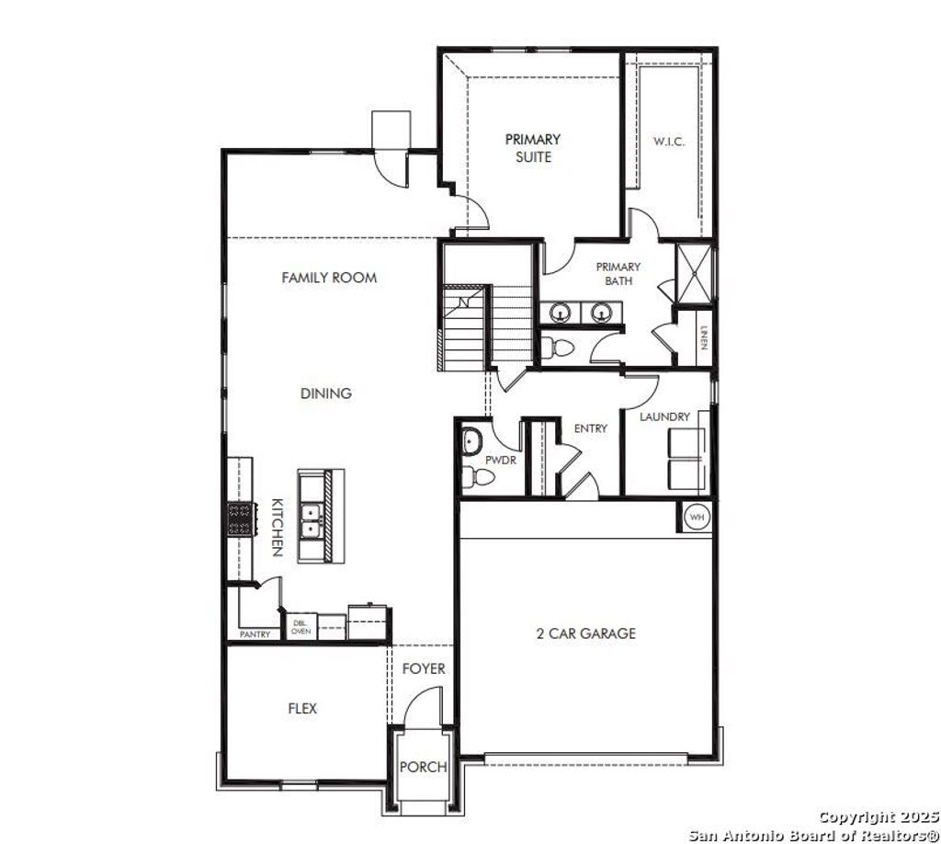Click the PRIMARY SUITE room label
pyautogui.click(x=532, y=148)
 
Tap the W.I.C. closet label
pyautogui.click(x=668, y=142)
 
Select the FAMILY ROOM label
pyautogui.click(x=329, y=277)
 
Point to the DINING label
pyautogui.click(x=326, y=393)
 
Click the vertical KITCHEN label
pyautogui.click(x=277, y=528)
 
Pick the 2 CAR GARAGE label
pyautogui.click(x=585, y=633)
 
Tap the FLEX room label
pyautogui.click(x=302, y=709)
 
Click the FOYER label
pyautogui.click(x=424, y=668)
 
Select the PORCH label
pyautogui.click(x=424, y=767)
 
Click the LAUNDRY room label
pyautogui.click(x=664, y=416)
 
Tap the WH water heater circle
pyautogui.click(x=697, y=518)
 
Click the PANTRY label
pyautogui.click(x=255, y=634)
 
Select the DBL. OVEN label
pyautogui.click(x=301, y=627)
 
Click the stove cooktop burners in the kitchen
pyautogui.click(x=240, y=519)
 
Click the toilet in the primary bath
pyautogui.click(x=559, y=348)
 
